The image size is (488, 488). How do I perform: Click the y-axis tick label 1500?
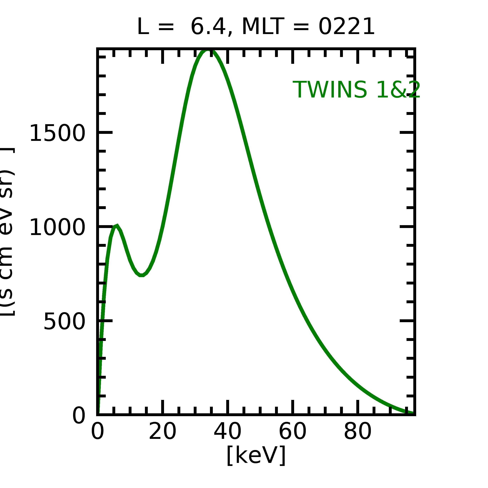pyautogui.click(x=57, y=133)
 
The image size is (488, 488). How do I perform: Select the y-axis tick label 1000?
pyautogui.click(x=57, y=228)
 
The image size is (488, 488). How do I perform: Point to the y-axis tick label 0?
pyautogui.click(x=79, y=416)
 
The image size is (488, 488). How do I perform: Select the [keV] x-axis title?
pyautogui.click(x=256, y=455)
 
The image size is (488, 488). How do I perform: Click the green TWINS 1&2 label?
pyautogui.click(x=356, y=90)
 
